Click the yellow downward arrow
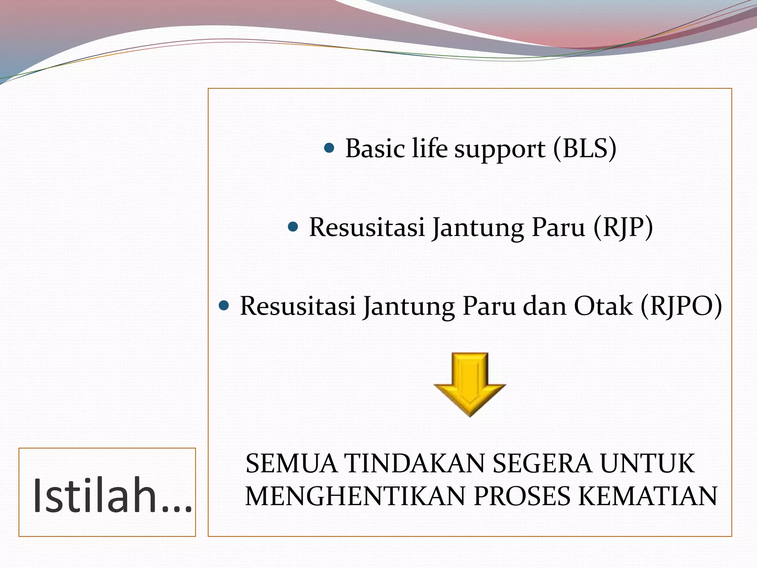pos(469,385)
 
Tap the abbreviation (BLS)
pos(585,149)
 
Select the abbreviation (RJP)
pos(623,227)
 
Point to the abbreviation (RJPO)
pos(681,306)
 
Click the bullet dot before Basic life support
pos(329,149)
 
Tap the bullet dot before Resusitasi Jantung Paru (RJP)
pos(292,227)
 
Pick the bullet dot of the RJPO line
pos(224,305)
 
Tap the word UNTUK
pos(647,464)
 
